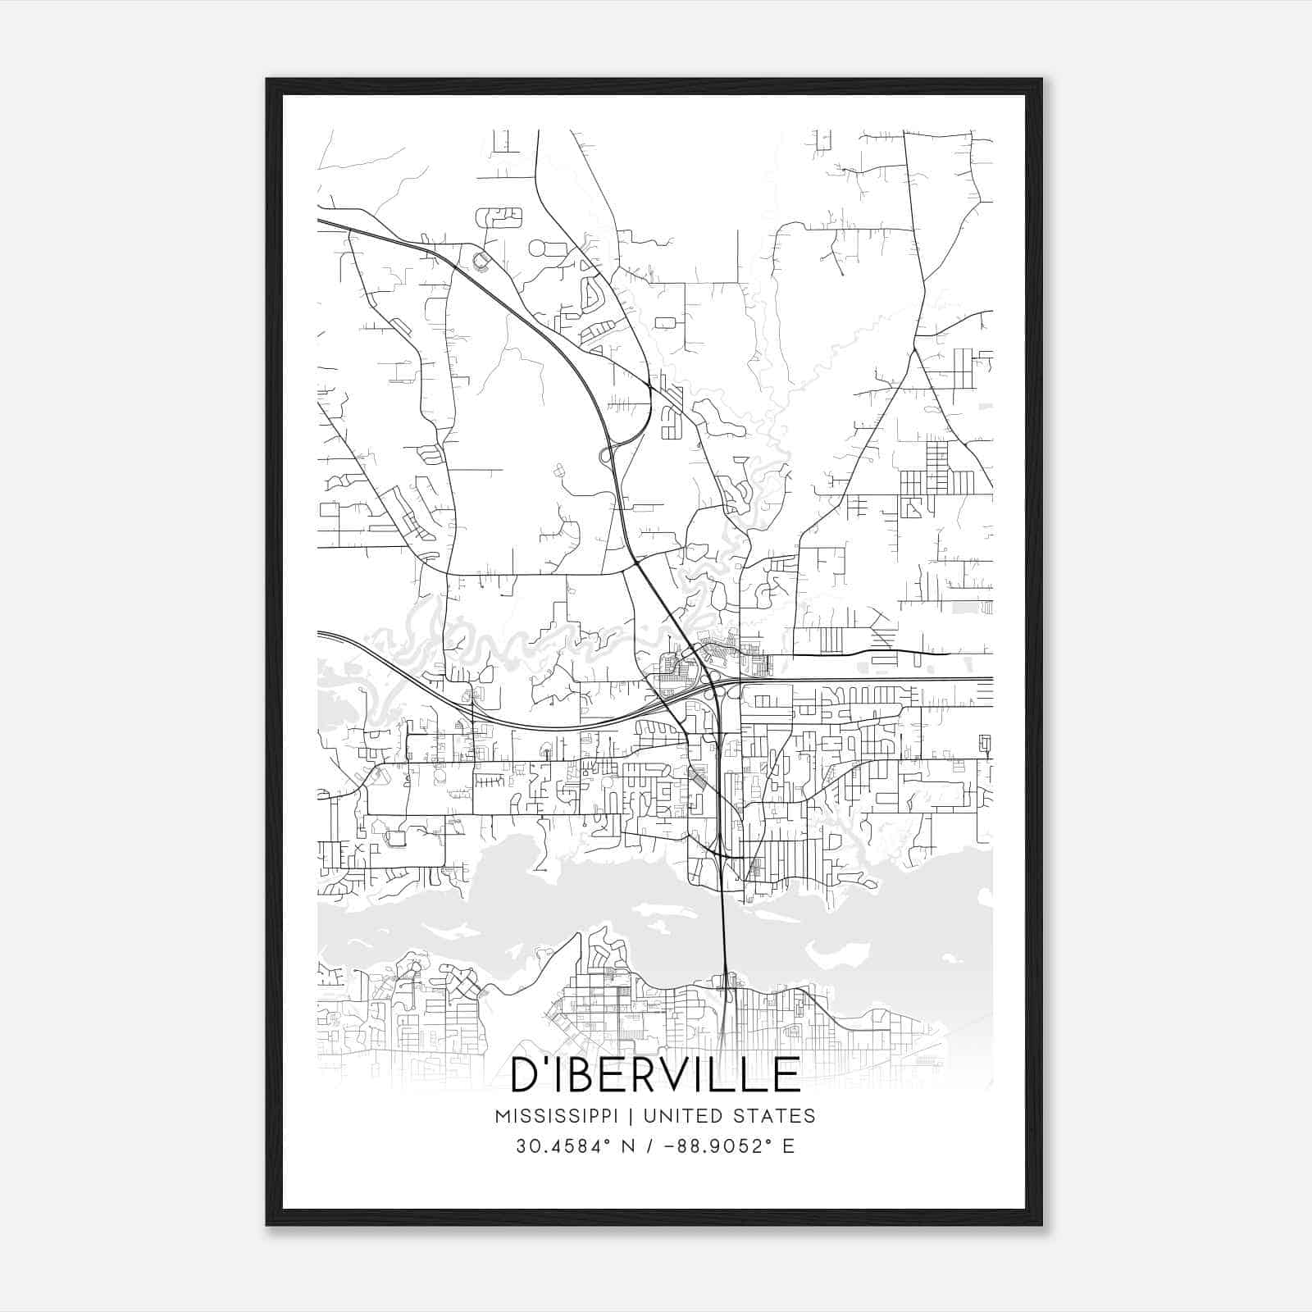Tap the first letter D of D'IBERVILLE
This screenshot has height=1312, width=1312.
(525, 1075)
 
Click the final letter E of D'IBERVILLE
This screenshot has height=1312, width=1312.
(788, 1075)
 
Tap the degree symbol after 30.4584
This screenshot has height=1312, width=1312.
(604, 1141)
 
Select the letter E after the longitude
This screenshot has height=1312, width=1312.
(789, 1146)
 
